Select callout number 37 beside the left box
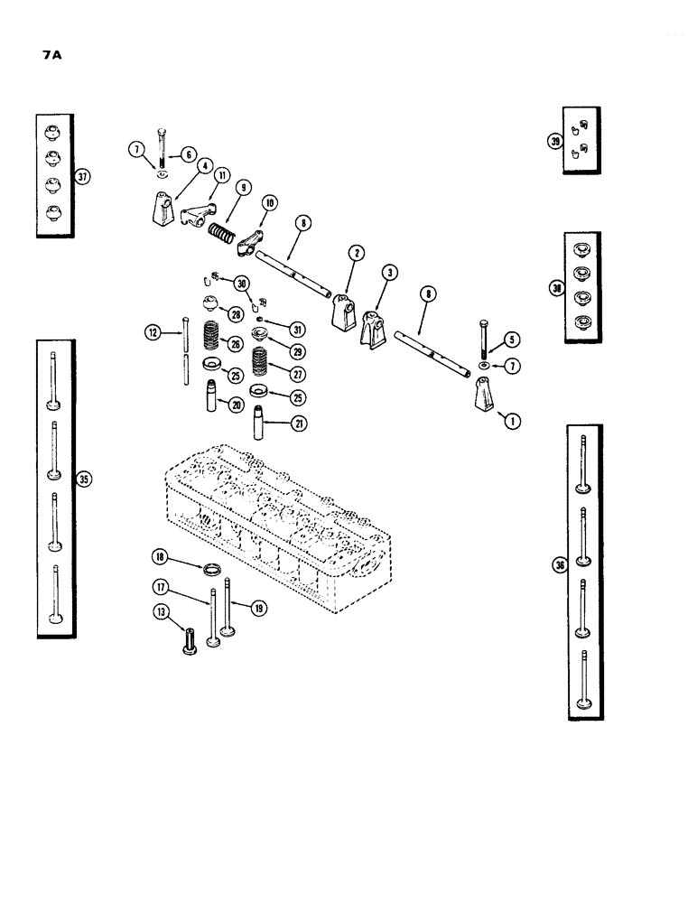click(x=83, y=177)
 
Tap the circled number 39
click(x=553, y=141)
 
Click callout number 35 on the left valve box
click(x=85, y=479)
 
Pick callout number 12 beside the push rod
click(x=152, y=332)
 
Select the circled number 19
click(x=258, y=608)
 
